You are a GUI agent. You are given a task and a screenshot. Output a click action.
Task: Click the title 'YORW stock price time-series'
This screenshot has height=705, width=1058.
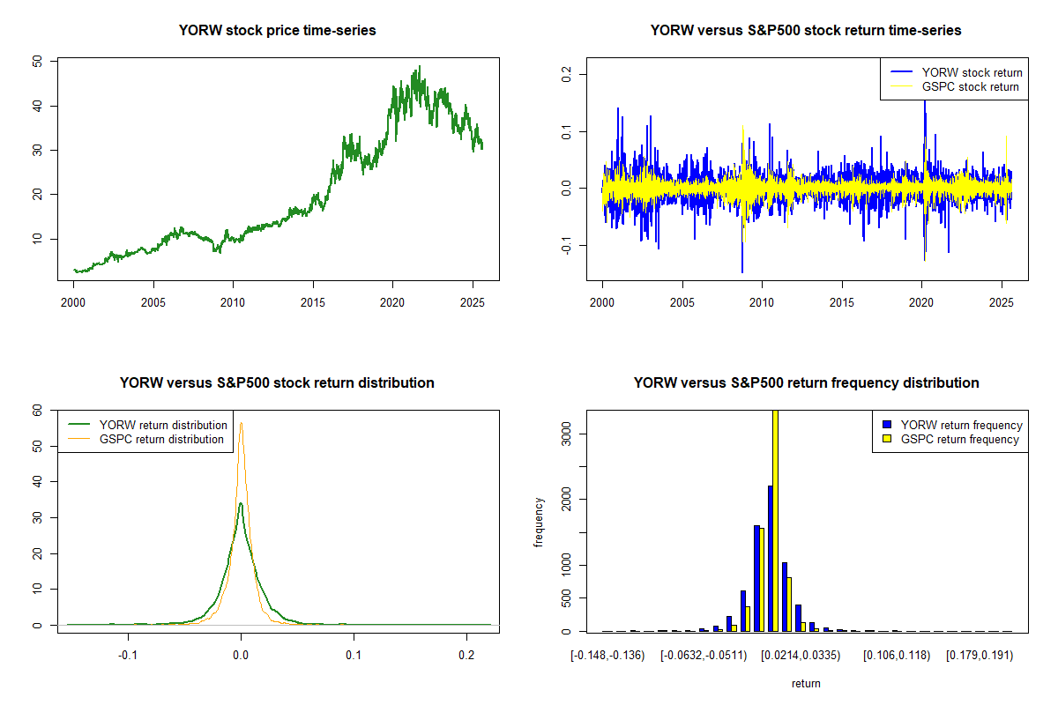coord(277,30)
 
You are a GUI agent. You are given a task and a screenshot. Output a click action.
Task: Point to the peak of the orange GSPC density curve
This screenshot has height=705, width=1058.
coord(241,423)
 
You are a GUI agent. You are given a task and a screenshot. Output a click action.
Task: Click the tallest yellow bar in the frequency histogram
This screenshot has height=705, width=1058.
coord(776,520)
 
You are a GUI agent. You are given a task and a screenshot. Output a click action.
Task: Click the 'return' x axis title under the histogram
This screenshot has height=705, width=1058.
coord(806,683)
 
